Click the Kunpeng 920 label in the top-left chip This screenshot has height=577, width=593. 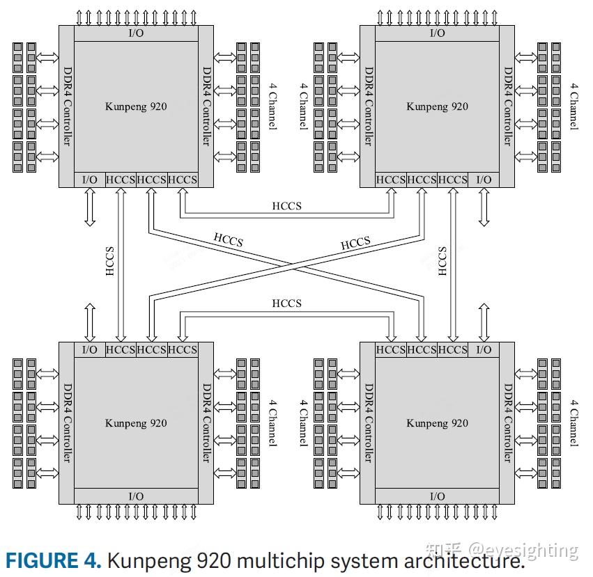[136, 106]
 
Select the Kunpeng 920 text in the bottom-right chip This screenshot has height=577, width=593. [437, 423]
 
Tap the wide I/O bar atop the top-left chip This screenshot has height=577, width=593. [136, 33]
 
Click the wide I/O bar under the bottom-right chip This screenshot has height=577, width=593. [437, 496]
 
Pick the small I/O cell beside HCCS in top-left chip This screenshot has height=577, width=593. [90, 180]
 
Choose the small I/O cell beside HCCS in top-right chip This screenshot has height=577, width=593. [484, 180]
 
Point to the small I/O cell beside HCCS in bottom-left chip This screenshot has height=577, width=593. [90, 349]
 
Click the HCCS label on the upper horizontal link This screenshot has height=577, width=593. [286, 206]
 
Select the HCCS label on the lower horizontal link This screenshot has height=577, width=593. [286, 303]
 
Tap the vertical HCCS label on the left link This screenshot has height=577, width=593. [109, 262]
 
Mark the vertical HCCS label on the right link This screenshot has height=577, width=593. [442, 262]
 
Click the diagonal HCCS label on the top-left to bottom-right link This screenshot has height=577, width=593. [228, 241]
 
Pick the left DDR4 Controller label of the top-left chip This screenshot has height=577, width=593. [68, 106]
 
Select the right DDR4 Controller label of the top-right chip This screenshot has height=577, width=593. [508, 106]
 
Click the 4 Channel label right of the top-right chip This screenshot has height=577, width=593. [573, 106]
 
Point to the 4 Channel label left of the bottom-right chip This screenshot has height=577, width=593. [303, 423]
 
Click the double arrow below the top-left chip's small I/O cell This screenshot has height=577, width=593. [90, 207]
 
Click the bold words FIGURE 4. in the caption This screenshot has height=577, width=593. [52, 560]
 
